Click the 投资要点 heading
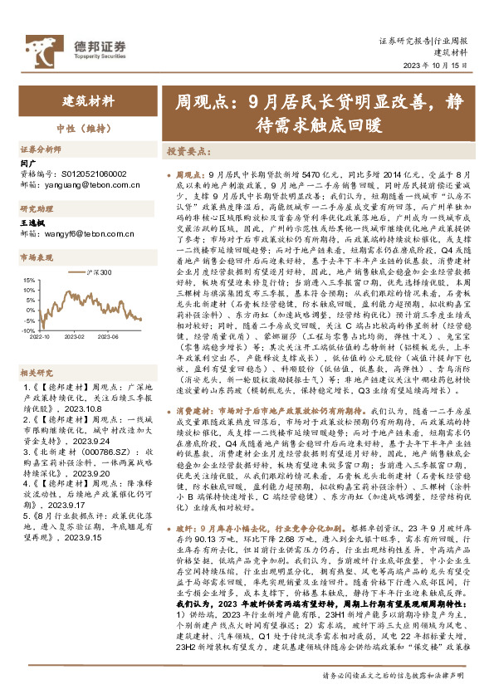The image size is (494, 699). pos(187,152)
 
